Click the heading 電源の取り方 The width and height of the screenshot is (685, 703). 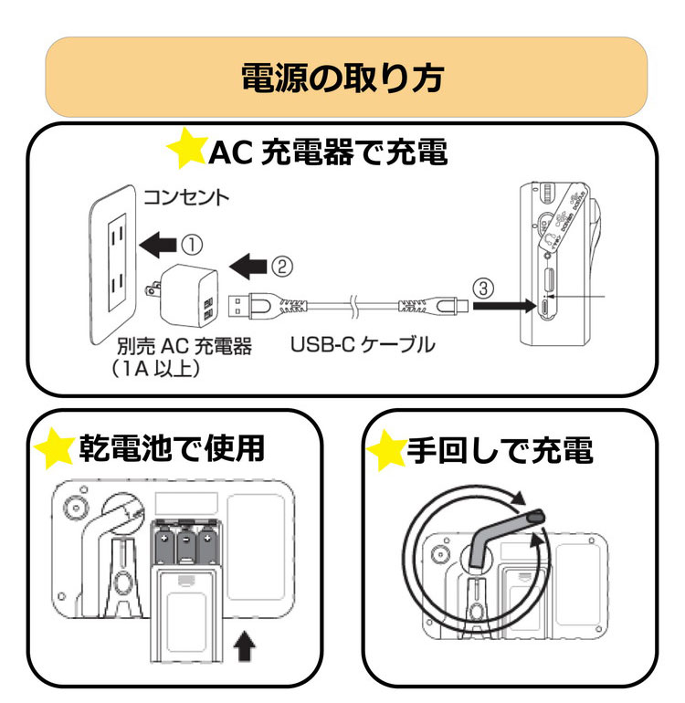coord(342,78)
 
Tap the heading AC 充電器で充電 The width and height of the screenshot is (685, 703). coord(329,152)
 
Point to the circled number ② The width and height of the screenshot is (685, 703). coord(281,266)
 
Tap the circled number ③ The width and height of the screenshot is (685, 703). coord(485,288)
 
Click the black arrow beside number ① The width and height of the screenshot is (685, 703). coord(157,245)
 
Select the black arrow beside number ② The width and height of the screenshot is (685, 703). coord(246,267)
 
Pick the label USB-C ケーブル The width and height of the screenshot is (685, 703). coord(363,346)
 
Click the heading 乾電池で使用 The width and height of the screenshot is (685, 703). coord(173,447)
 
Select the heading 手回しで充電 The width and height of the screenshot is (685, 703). coord(501,450)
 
